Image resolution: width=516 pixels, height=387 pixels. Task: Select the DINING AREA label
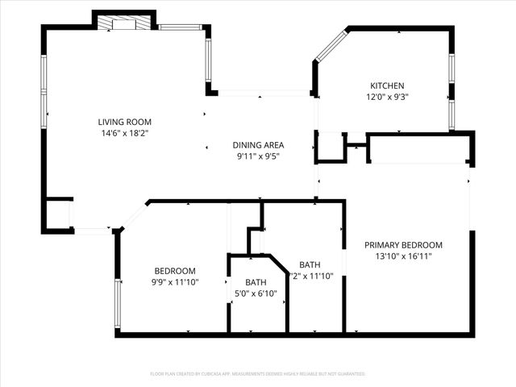[x=259, y=145]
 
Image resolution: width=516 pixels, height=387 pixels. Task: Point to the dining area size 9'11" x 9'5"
[x=259, y=157]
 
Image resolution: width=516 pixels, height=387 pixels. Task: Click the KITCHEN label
[x=387, y=86]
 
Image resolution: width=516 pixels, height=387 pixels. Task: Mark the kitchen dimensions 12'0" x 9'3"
[x=387, y=98]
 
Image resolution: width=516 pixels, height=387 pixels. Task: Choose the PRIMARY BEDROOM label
[x=403, y=245]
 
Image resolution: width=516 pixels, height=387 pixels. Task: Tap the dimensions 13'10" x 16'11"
[x=403, y=256]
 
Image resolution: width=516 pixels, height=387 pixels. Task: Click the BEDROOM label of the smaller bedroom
[x=175, y=270]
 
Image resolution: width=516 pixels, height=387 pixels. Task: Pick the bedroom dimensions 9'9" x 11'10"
[x=175, y=282]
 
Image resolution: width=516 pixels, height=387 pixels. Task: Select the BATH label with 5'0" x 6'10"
[x=256, y=281]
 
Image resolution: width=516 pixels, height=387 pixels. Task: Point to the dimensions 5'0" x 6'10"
[x=256, y=293]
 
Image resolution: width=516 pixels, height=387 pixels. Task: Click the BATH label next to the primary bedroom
[x=310, y=264]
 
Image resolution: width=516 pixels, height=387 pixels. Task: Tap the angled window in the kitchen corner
[x=331, y=46]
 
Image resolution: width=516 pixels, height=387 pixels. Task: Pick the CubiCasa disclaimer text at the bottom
[x=258, y=374]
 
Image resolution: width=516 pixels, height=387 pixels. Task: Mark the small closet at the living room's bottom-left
[x=57, y=214]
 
